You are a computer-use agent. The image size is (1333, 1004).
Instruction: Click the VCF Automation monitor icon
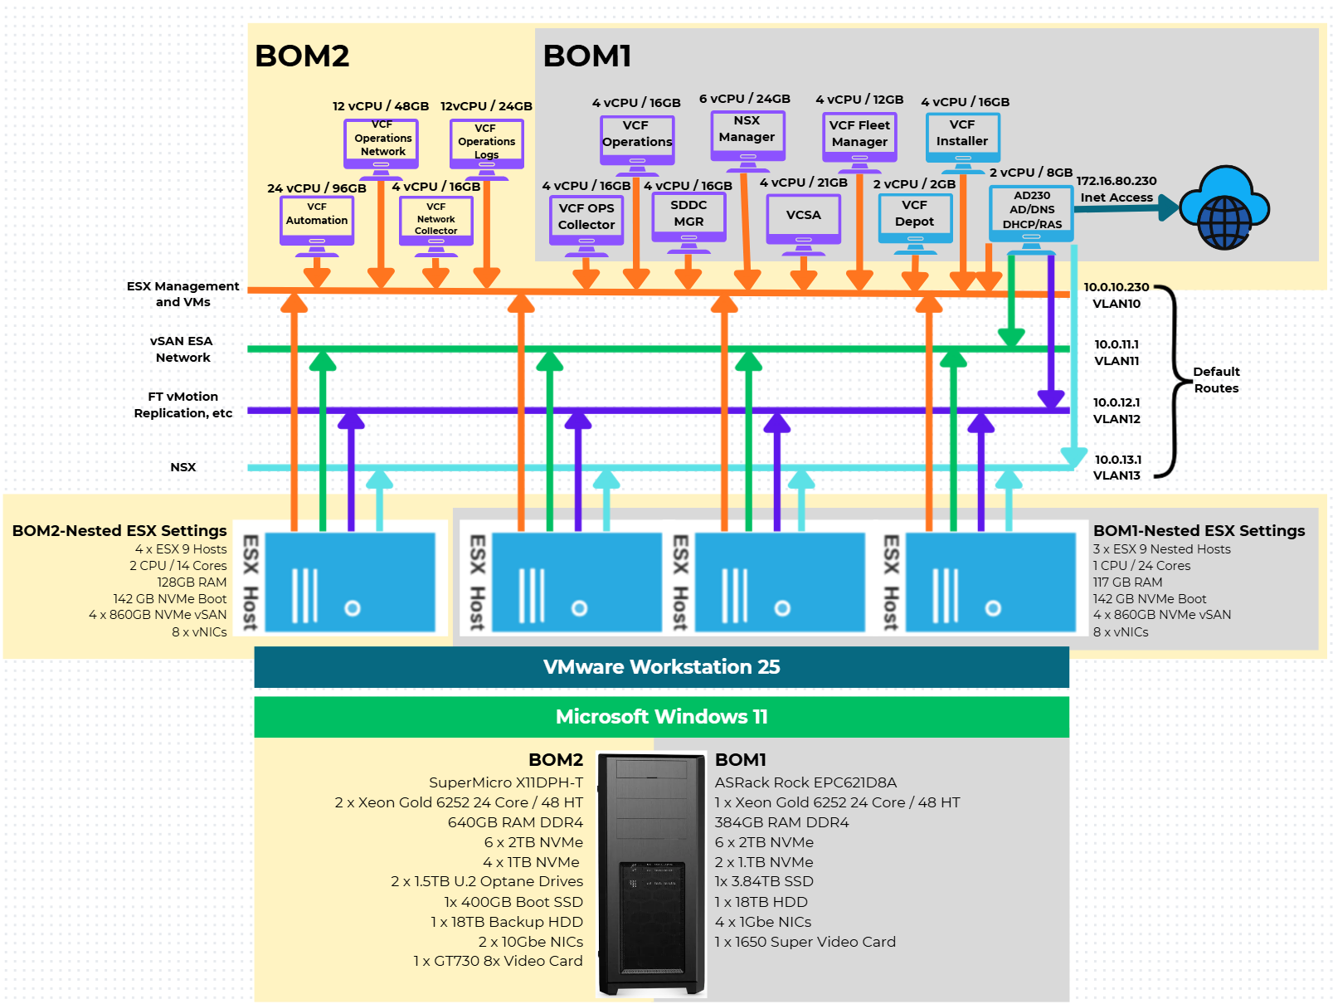(x=317, y=221)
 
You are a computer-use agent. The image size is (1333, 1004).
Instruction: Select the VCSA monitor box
(x=803, y=217)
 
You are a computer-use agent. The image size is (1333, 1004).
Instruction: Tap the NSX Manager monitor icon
(x=747, y=134)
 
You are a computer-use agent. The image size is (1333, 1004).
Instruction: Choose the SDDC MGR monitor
(x=688, y=216)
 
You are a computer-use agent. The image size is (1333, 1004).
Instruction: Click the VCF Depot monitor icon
(x=915, y=217)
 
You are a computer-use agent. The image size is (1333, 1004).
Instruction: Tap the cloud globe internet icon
(x=1224, y=207)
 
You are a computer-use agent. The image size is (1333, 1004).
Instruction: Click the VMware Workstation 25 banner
(x=661, y=667)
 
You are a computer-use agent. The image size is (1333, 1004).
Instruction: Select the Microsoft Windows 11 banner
(x=661, y=717)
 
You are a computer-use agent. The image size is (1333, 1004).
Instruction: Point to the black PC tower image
(x=651, y=875)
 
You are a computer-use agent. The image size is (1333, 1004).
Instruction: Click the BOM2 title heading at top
(x=302, y=56)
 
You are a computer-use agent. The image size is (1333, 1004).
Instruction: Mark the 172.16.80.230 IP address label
(x=1116, y=181)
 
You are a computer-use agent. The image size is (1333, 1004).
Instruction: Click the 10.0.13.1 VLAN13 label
(x=1117, y=467)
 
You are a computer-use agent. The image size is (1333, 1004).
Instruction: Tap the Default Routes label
(x=1216, y=380)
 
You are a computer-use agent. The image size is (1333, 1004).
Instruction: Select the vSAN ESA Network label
(x=182, y=349)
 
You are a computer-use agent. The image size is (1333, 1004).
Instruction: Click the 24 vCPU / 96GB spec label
(x=316, y=188)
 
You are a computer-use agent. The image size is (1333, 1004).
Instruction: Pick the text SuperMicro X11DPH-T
(x=505, y=782)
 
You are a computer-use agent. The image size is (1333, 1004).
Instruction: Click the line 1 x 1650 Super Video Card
(x=805, y=942)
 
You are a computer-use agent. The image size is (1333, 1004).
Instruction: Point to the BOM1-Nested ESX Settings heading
(x=1199, y=531)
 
